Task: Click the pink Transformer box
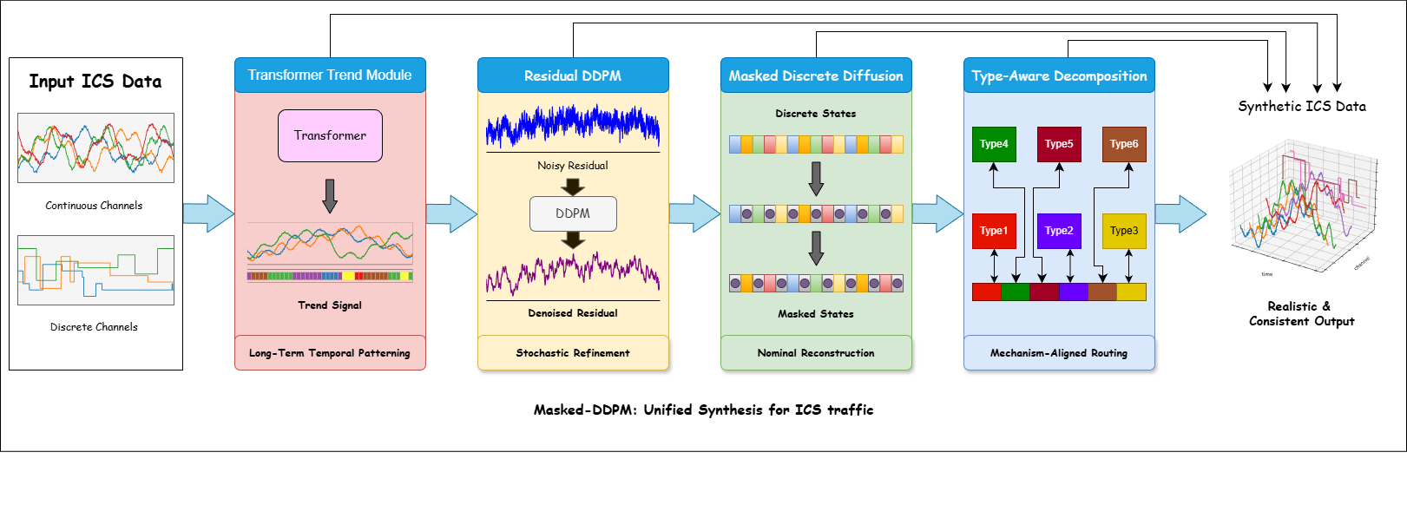click(x=330, y=135)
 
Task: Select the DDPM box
click(x=573, y=213)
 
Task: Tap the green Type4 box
click(x=994, y=144)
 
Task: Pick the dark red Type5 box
click(x=1059, y=144)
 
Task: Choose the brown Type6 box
click(x=1124, y=144)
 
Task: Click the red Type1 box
click(x=994, y=231)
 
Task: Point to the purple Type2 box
click(x=1059, y=231)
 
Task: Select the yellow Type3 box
click(x=1124, y=231)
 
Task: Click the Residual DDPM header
click(x=573, y=75)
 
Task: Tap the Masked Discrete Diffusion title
click(x=816, y=75)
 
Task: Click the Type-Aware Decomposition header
click(x=1059, y=75)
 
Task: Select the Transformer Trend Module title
click(x=330, y=75)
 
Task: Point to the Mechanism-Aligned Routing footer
click(x=1059, y=353)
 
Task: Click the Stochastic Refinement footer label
click(x=573, y=353)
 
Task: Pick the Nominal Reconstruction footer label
click(x=816, y=353)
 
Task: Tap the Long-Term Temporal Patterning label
click(x=330, y=353)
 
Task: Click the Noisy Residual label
click(x=573, y=166)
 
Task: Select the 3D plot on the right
click(x=1302, y=204)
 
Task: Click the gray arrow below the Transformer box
click(x=330, y=195)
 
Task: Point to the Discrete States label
click(x=816, y=114)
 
